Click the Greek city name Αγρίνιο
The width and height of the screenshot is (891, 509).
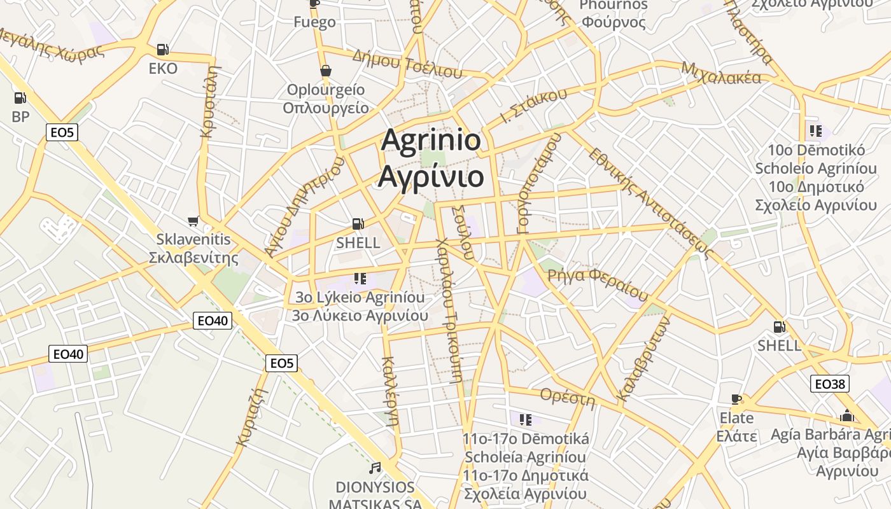(431, 176)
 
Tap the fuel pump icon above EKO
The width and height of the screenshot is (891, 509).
(163, 50)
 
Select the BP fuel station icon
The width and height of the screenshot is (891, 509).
(20, 98)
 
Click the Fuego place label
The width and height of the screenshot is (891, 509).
(314, 22)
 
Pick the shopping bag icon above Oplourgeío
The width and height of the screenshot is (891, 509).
(326, 71)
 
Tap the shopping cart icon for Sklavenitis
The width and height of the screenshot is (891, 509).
(193, 221)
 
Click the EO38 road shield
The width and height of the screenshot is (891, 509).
(830, 384)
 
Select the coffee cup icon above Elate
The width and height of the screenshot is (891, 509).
(736, 400)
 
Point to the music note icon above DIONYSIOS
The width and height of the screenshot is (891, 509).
(375, 468)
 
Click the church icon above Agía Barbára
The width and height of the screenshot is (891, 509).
(847, 416)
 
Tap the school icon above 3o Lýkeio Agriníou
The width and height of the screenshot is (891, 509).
(360, 279)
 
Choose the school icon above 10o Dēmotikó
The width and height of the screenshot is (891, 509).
(815, 132)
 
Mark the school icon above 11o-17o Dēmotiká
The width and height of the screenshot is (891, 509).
(525, 419)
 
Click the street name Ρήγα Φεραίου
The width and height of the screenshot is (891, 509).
(598, 283)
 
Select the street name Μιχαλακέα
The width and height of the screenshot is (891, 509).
(720, 73)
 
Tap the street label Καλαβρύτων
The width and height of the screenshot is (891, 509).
(644, 360)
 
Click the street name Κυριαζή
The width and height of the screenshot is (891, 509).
(250, 417)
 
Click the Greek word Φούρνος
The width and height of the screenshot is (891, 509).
(614, 23)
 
